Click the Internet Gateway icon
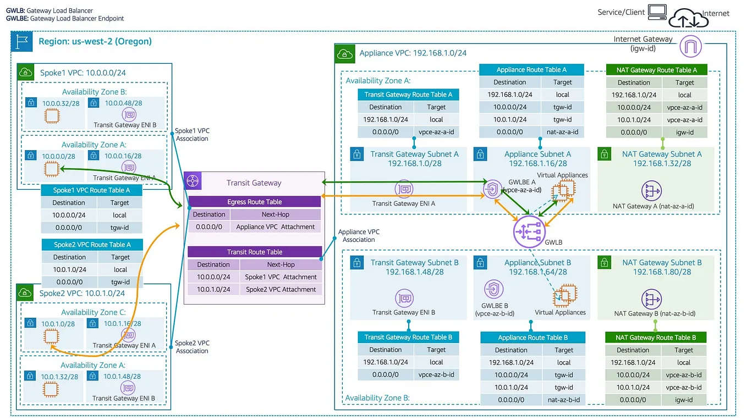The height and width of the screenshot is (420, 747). pyautogui.click(x=691, y=47)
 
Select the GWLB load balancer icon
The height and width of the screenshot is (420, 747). pyautogui.click(x=528, y=231)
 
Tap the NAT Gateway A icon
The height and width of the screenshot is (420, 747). pyautogui.click(x=652, y=191)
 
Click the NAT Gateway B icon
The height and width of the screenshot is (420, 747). pyautogui.click(x=652, y=300)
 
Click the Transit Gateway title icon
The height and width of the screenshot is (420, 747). pyautogui.click(x=193, y=181)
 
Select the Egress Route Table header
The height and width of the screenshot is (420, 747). pyautogui.click(x=254, y=202)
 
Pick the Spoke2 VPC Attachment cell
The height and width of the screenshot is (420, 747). pyautogui.click(x=281, y=289)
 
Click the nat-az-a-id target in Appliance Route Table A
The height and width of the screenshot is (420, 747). pyautogui.click(x=563, y=132)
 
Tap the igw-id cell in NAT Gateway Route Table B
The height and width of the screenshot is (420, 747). pyautogui.click(x=684, y=400)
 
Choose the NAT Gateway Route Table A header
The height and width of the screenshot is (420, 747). pyautogui.click(x=656, y=70)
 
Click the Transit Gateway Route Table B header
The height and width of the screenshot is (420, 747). pyautogui.click(x=408, y=337)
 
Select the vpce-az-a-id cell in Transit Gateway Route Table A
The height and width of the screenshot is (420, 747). pyautogui.click(x=436, y=132)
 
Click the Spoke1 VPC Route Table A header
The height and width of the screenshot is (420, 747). pyautogui.click(x=91, y=190)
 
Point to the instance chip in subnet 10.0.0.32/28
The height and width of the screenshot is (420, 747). pyautogui.click(x=51, y=116)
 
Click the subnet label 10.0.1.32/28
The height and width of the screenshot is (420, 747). pyautogui.click(x=59, y=377)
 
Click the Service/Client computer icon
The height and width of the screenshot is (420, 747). pyautogui.click(x=657, y=12)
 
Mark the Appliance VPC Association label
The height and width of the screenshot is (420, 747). pyautogui.click(x=359, y=236)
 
